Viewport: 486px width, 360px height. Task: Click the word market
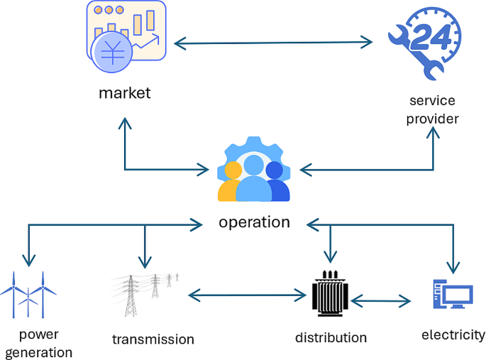click(x=125, y=93)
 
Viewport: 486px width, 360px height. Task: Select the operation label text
click(x=254, y=222)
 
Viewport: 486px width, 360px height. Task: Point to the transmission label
click(x=153, y=339)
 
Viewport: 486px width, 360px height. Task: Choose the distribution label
click(x=331, y=337)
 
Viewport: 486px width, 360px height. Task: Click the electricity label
click(x=453, y=334)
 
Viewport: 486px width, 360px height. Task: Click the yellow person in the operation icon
click(x=231, y=183)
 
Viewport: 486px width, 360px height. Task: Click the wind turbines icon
click(x=28, y=293)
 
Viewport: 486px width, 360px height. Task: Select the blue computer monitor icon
click(x=451, y=294)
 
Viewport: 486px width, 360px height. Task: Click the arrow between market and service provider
click(x=273, y=44)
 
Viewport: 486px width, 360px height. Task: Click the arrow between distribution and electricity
click(x=380, y=301)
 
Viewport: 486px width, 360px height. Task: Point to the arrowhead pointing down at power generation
click(x=28, y=262)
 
